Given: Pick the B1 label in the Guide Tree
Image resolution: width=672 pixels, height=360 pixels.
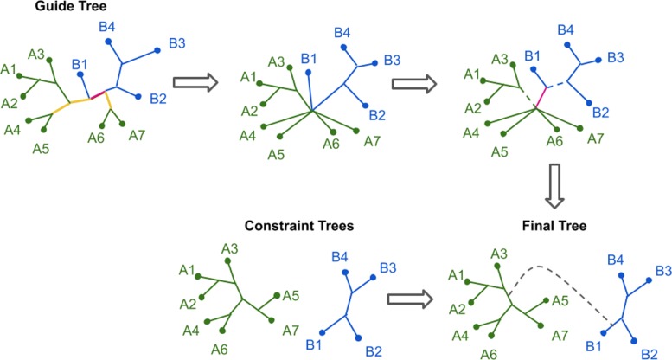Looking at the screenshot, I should point(80,64).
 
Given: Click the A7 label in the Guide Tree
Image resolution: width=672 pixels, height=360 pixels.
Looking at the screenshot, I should point(137,135).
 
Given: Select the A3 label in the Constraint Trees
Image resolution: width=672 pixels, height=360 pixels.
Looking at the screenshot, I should point(229,249).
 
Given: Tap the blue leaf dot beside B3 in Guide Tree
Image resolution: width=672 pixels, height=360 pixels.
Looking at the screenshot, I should point(157,50).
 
